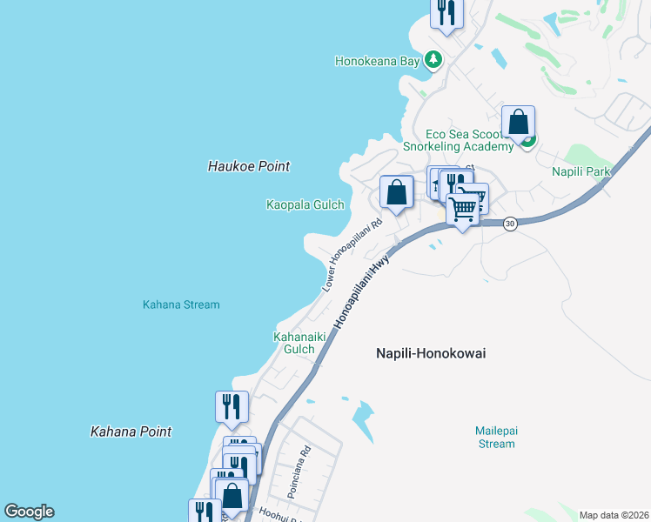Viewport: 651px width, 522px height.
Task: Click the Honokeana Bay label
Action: click(378, 61)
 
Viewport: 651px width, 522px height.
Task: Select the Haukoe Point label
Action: click(249, 165)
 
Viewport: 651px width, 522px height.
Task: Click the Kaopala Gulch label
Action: click(305, 204)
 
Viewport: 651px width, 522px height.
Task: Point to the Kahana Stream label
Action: click(181, 304)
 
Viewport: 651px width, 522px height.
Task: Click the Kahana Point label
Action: click(131, 432)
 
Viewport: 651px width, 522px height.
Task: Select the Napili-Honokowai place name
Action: click(430, 353)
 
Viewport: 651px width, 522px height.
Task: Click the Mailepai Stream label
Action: click(495, 437)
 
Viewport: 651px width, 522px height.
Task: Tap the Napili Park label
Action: click(581, 171)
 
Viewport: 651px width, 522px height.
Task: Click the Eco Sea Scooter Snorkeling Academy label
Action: click(470, 140)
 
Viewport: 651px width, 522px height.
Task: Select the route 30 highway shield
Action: click(510, 224)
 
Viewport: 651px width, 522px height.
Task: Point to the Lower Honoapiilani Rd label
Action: click(352, 254)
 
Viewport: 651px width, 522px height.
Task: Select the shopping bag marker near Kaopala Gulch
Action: click(396, 192)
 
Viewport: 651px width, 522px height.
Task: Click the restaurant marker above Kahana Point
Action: click(232, 407)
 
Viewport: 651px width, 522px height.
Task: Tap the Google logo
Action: click(29, 512)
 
